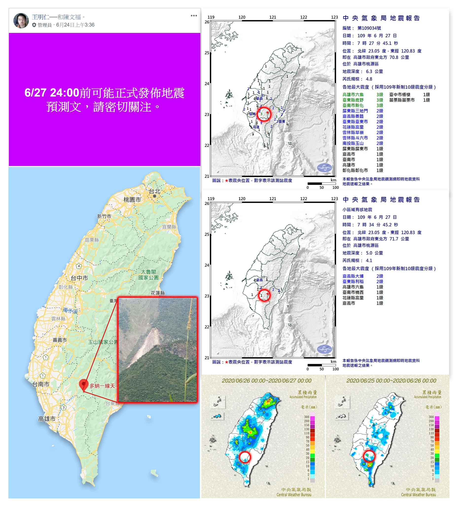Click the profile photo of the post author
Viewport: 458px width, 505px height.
pos(21,20)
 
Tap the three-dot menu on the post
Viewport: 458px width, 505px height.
pos(194,16)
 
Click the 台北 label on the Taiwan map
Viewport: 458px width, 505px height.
pos(155,191)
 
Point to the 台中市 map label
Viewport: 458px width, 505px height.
pos(79,278)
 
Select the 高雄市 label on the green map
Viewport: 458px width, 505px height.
pos(47,419)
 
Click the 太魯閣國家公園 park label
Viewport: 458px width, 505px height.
pos(148,274)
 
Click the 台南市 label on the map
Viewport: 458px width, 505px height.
pos(41,384)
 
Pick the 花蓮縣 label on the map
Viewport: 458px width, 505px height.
pos(158,293)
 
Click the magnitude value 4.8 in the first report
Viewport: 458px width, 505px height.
pos(369,79)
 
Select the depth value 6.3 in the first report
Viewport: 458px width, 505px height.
pos(369,72)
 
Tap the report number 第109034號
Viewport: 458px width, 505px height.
pos(369,28)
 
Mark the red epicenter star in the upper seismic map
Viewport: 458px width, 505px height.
pos(267,112)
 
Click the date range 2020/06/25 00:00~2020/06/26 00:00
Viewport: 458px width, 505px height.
pos(391,381)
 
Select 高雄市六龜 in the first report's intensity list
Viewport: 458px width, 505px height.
pos(353,94)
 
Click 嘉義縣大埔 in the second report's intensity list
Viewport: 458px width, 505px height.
pos(353,276)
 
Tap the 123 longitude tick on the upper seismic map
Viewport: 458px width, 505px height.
pos(334,17)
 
